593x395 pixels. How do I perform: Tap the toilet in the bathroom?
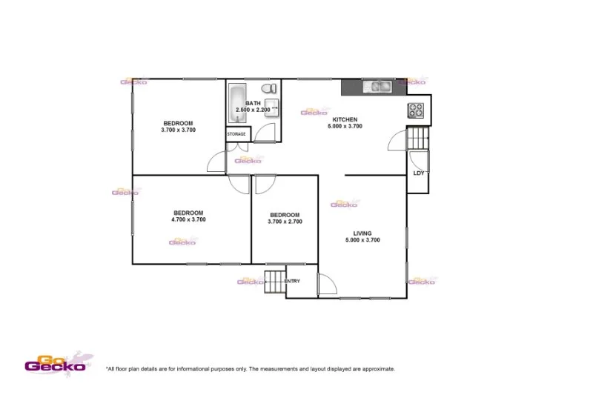click(x=274, y=89)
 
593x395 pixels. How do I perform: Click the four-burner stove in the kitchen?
click(x=414, y=110)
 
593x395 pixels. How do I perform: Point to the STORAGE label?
click(x=236, y=134)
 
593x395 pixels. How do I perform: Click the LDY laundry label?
click(x=418, y=173)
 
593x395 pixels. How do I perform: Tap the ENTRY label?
click(x=292, y=281)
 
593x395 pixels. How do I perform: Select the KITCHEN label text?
click(x=345, y=119)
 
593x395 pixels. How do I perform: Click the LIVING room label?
click(x=362, y=233)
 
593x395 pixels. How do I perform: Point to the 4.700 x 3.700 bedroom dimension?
click(x=188, y=219)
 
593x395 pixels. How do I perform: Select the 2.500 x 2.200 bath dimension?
click(x=254, y=110)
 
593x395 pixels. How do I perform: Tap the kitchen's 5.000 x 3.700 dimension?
click(x=345, y=127)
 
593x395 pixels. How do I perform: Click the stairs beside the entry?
click(x=274, y=282)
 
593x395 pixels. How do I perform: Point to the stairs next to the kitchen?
click(x=418, y=138)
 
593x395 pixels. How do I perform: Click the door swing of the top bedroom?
click(x=216, y=162)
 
